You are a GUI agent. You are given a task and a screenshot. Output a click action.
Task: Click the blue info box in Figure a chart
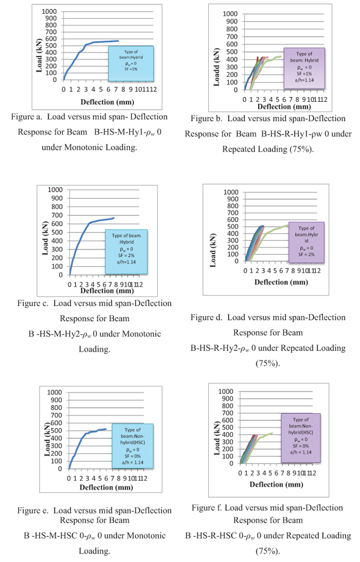coord(131,64)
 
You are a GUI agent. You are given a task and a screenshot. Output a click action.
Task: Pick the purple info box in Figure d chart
coord(306,241)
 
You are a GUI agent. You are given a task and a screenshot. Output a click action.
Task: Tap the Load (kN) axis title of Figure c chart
coord(45,238)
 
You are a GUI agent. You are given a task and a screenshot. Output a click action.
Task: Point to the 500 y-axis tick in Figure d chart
coord(231,226)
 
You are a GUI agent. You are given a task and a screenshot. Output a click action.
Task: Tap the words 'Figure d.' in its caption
coord(207,317)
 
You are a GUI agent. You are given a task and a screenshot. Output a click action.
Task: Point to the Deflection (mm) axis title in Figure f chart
coord(276,484)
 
